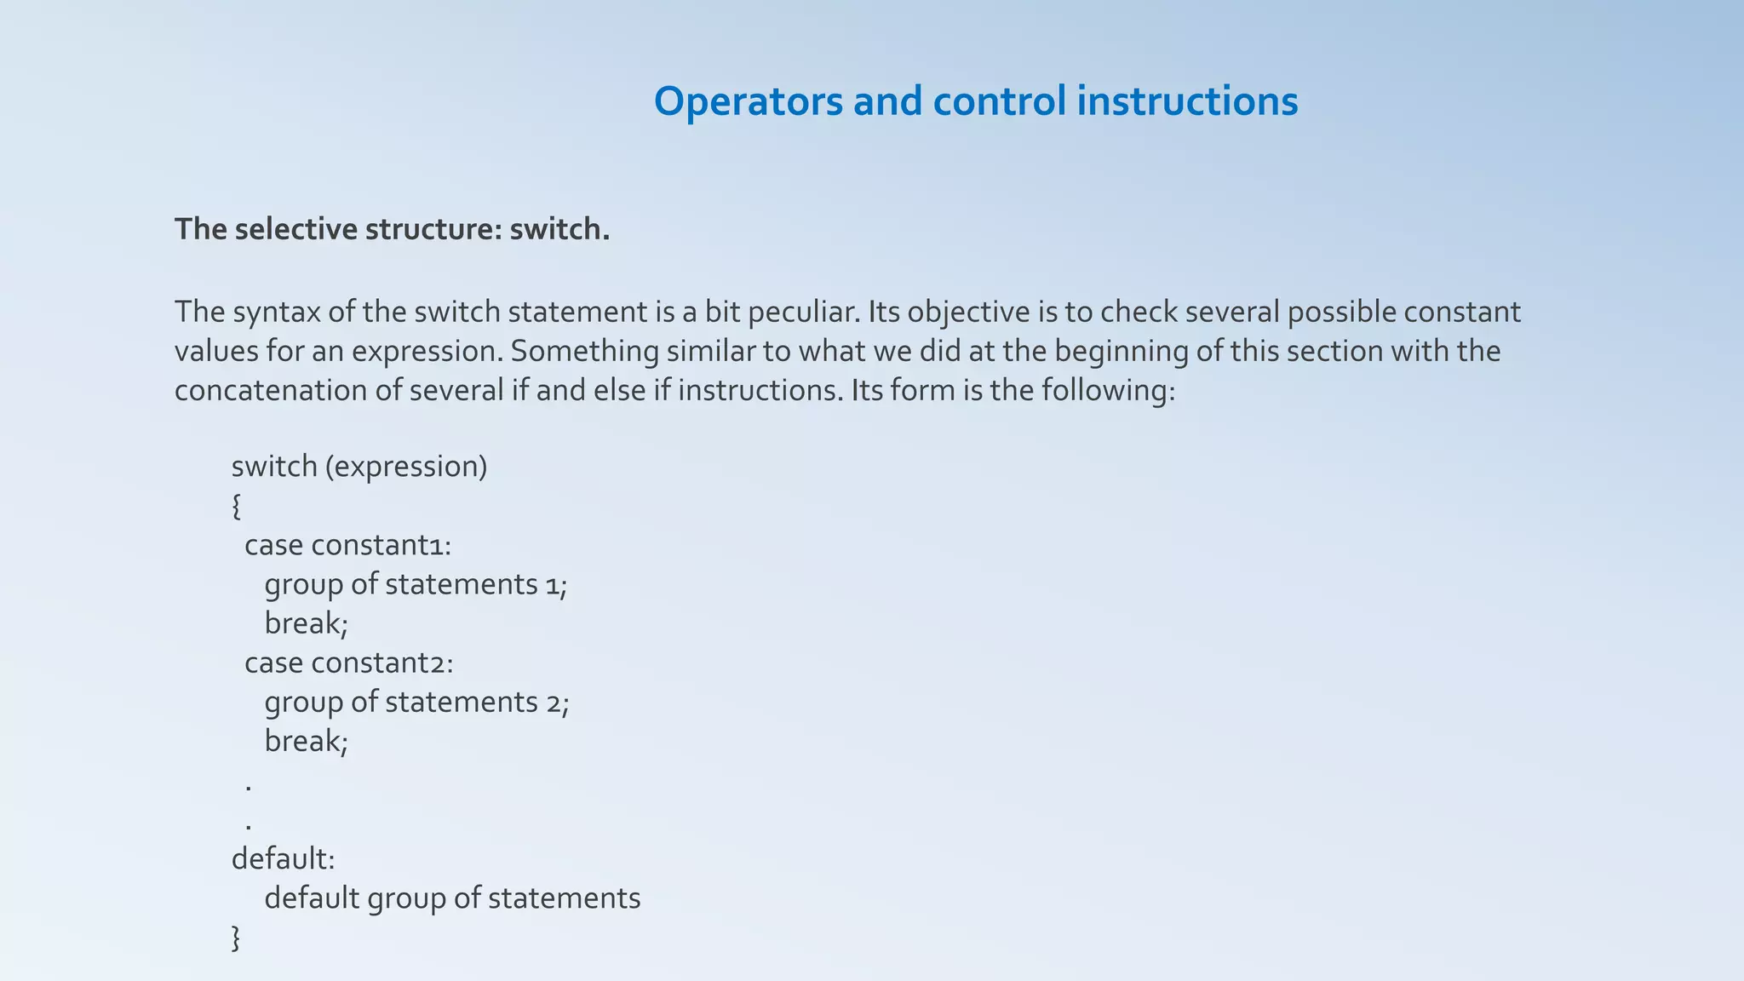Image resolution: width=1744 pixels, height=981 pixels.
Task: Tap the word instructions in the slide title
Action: (1187, 102)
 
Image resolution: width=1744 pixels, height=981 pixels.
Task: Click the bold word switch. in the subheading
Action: (559, 229)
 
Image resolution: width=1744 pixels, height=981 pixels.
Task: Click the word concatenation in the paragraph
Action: (289, 391)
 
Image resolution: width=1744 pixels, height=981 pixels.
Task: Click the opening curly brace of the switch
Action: (237, 506)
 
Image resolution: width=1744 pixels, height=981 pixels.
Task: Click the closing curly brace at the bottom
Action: (237, 938)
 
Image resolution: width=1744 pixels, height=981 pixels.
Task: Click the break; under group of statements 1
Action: (307, 623)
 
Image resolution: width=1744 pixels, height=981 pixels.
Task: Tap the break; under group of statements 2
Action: (307, 741)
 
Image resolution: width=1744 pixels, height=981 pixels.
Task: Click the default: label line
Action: (284, 858)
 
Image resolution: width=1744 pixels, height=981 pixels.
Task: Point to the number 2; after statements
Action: (558, 703)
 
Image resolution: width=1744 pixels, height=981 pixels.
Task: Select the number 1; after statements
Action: (557, 585)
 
